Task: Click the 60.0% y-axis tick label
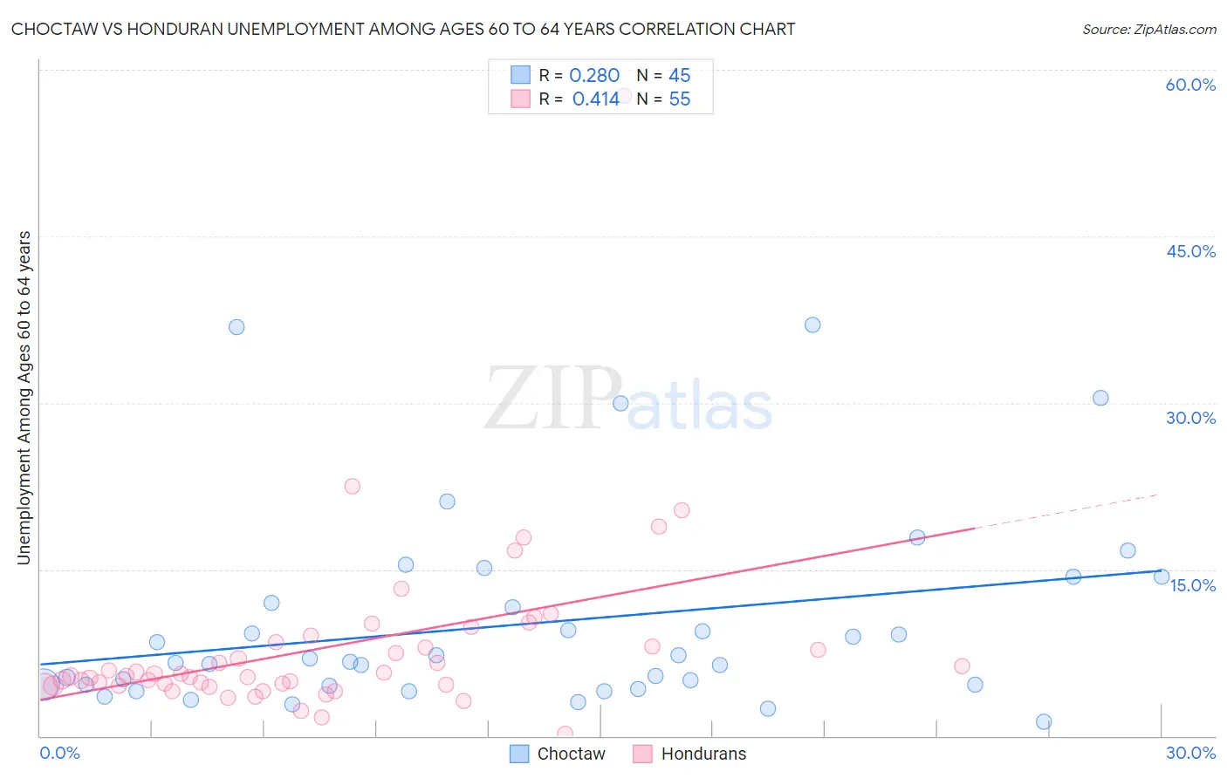point(1190,85)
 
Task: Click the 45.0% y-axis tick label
point(1190,251)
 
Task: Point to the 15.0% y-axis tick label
point(1192,585)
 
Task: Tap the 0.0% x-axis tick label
point(59,753)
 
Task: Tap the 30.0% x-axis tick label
point(1190,753)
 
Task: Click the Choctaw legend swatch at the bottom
point(519,754)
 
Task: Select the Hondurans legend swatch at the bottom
point(643,754)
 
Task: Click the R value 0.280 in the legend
point(594,76)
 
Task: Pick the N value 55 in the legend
point(679,99)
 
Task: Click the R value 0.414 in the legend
point(595,99)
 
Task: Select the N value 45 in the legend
point(679,76)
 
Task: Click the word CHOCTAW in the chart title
point(52,29)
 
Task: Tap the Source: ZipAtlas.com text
point(1148,29)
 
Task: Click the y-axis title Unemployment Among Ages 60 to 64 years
point(24,397)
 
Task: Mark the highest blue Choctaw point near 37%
point(812,324)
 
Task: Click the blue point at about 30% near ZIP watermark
point(620,403)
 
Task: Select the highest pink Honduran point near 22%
point(352,486)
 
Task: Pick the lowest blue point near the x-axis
point(1044,721)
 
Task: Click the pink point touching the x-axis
point(565,734)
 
